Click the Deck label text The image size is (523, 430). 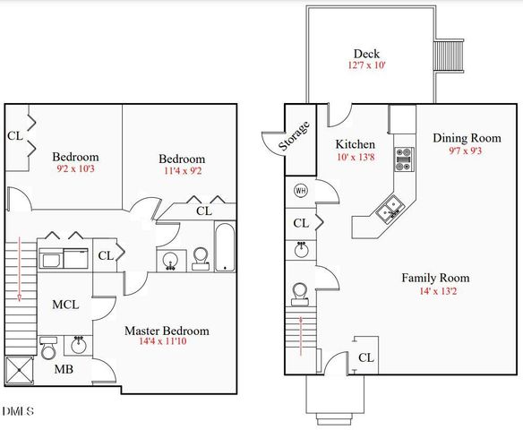click(x=367, y=53)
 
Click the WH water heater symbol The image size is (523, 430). click(x=300, y=190)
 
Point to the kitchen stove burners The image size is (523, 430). click(x=404, y=159)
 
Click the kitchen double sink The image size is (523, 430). click(x=390, y=211)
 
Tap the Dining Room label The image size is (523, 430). click(x=467, y=138)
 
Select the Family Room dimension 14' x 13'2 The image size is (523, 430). click(x=435, y=291)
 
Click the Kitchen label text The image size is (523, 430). click(x=355, y=144)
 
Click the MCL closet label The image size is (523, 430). click(x=64, y=305)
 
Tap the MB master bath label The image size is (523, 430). click(x=64, y=368)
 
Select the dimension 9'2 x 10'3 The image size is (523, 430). click(x=74, y=169)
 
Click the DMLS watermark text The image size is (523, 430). click(x=18, y=411)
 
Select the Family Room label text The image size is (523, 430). click(x=435, y=278)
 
